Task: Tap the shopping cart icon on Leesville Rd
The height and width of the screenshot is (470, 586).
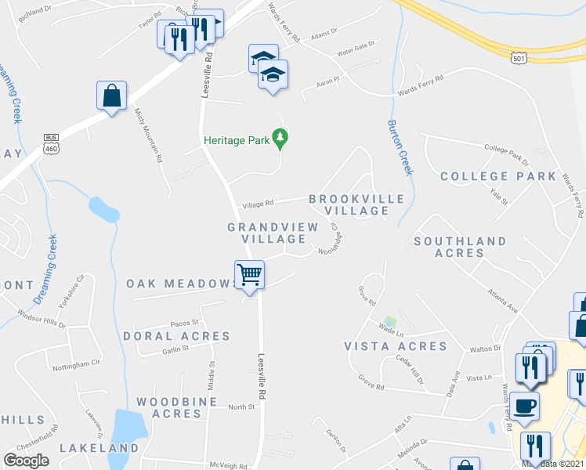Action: (249, 275)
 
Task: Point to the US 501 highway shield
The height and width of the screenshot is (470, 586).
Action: (518, 57)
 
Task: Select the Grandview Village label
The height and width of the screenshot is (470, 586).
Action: (273, 233)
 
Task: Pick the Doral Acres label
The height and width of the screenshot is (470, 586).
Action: (176, 336)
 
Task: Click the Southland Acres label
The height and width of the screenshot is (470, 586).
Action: (460, 247)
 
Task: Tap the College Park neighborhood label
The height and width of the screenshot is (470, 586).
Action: (497, 176)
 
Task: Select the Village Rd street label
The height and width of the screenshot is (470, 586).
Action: (259, 203)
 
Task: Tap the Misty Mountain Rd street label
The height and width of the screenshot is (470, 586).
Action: (147, 136)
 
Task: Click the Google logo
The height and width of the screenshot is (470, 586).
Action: (26, 461)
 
